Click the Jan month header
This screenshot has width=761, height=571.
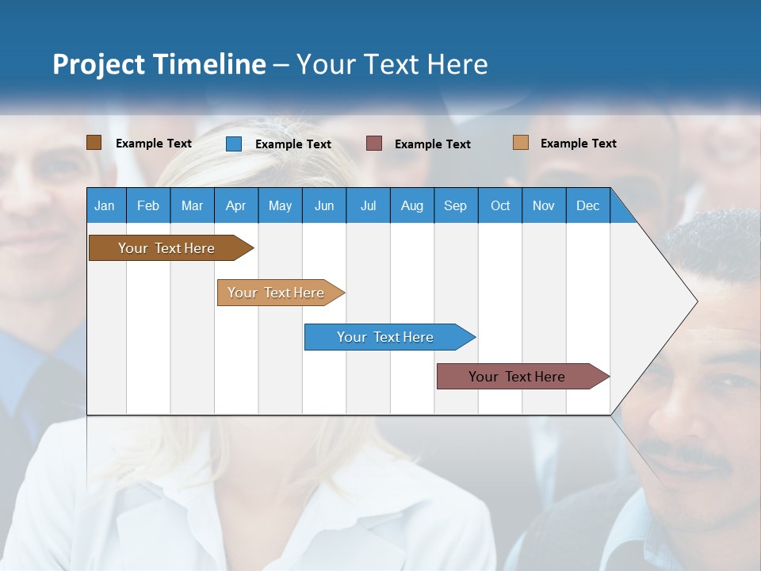105,205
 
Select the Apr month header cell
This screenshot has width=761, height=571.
235,205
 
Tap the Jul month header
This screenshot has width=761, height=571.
368,205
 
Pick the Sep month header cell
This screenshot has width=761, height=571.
455,205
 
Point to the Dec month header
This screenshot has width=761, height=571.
587,205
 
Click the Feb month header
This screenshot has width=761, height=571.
148,205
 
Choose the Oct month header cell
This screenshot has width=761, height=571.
500,205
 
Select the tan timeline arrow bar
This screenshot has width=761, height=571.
277,293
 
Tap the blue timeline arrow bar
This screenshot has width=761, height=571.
386,337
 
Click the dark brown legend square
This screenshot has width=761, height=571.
94,143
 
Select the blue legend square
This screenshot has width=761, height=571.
233,144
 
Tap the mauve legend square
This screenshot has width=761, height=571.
374,144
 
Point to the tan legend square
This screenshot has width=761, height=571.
520,143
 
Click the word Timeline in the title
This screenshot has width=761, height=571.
209,64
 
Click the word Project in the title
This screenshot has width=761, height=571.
98,64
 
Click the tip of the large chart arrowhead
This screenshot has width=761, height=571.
696,301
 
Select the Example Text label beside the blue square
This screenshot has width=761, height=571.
293,144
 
